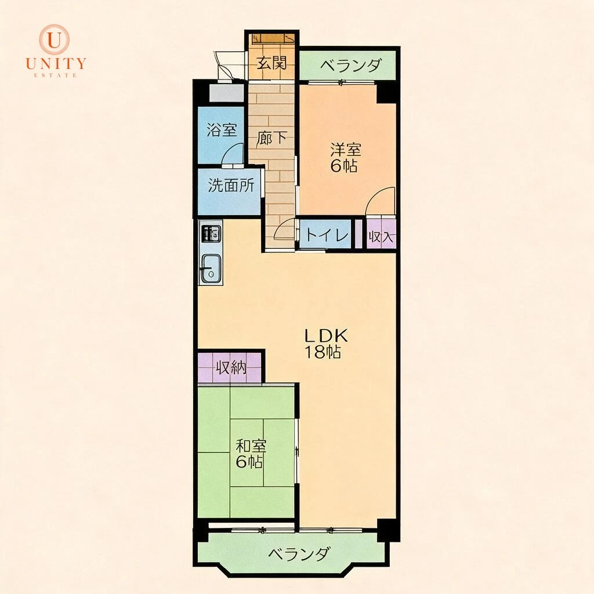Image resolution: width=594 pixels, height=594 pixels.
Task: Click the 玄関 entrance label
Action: tap(271, 63)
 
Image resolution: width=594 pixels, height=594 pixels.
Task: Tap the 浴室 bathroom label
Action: tap(222, 130)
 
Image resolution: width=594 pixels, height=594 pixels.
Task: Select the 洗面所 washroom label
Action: tap(231, 186)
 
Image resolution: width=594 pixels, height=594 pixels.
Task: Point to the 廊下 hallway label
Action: tap(271, 138)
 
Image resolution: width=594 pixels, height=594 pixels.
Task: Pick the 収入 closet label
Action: tap(381, 237)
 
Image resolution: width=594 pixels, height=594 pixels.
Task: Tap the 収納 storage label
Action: tap(231, 367)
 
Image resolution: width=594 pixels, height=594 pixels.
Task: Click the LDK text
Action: tap(326, 336)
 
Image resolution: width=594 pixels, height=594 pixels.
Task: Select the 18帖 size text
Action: tap(323, 352)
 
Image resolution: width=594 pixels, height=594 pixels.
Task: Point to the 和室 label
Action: tap(251, 446)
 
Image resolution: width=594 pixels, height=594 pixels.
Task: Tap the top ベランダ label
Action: tap(350, 66)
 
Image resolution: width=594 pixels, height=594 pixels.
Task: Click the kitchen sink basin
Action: tap(211, 269)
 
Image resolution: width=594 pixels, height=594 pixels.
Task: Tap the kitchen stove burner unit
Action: tap(211, 234)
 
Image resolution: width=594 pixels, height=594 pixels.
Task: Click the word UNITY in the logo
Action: tap(56, 63)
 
